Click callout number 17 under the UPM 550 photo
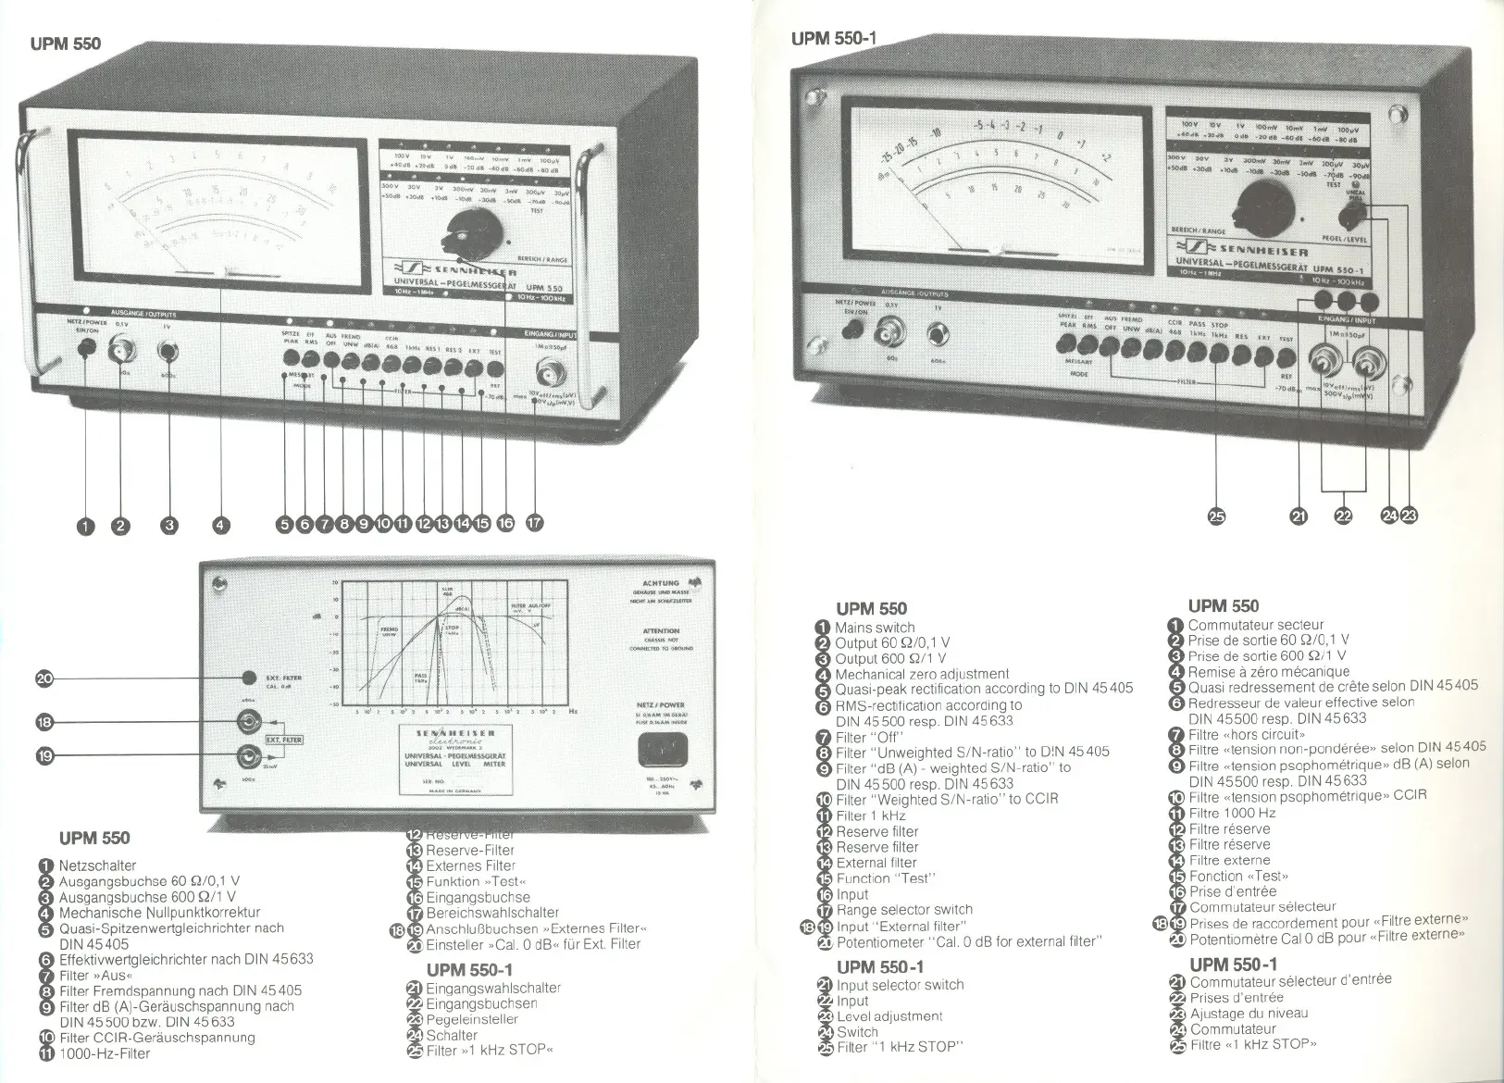534,524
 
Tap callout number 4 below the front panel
219,526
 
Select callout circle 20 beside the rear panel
44,678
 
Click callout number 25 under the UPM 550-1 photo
1217,517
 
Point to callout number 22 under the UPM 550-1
1343,517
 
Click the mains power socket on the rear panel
665,751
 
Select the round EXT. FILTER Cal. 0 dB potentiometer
249,678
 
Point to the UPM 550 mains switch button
86,348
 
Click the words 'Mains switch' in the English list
875,628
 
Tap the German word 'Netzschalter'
97,865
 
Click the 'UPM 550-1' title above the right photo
833,39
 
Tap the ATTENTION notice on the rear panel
661,631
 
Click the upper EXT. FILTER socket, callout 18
249,721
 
